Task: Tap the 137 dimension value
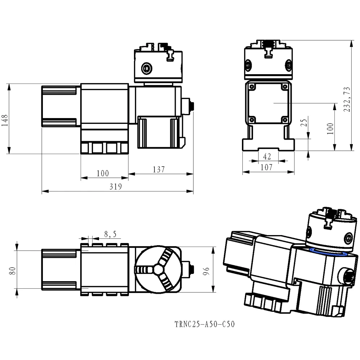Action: pyautogui.click(x=158, y=169)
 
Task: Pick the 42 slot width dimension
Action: pyautogui.click(x=267, y=156)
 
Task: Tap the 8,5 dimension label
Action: pyautogui.click(x=110, y=234)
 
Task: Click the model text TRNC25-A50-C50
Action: pyautogui.click(x=204, y=324)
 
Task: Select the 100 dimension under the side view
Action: pyautogui.click(x=103, y=174)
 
